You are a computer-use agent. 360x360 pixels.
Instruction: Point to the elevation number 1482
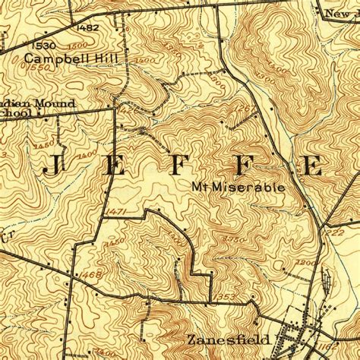tap(89, 28)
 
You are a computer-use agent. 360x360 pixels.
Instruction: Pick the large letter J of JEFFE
tap(53, 164)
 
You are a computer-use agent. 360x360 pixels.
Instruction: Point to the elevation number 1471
tap(116, 209)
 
